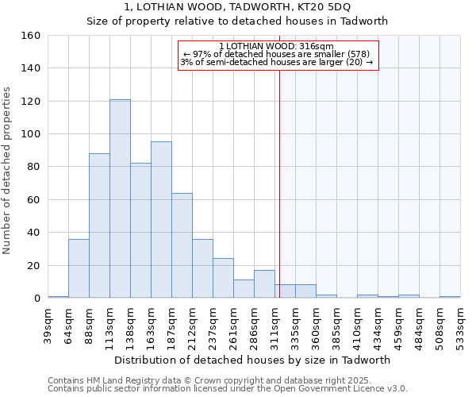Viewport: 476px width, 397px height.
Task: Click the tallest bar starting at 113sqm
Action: click(120, 198)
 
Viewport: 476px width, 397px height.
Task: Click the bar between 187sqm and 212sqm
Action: click(182, 245)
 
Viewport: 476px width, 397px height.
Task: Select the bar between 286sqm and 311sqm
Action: click(264, 284)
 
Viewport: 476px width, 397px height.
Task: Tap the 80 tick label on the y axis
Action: click(33, 167)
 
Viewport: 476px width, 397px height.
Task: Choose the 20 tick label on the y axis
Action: click(33, 265)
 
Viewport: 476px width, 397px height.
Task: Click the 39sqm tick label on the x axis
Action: click(48, 323)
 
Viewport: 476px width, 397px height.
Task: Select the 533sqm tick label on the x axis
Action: click(461, 323)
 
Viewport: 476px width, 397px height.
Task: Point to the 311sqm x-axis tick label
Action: click(275, 323)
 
